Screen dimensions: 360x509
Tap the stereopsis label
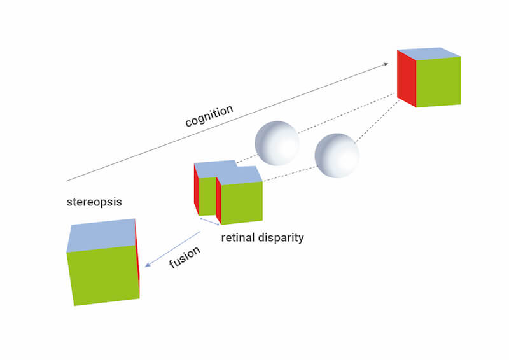(94, 202)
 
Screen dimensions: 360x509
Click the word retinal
(239, 238)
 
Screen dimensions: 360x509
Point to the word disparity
(281, 238)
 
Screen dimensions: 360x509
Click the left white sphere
(276, 143)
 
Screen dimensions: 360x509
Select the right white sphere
(337, 156)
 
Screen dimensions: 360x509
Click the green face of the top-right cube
(438, 82)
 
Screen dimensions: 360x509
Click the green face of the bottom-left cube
(103, 275)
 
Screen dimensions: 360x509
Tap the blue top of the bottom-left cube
(102, 235)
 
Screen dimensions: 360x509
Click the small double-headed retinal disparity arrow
(209, 221)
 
